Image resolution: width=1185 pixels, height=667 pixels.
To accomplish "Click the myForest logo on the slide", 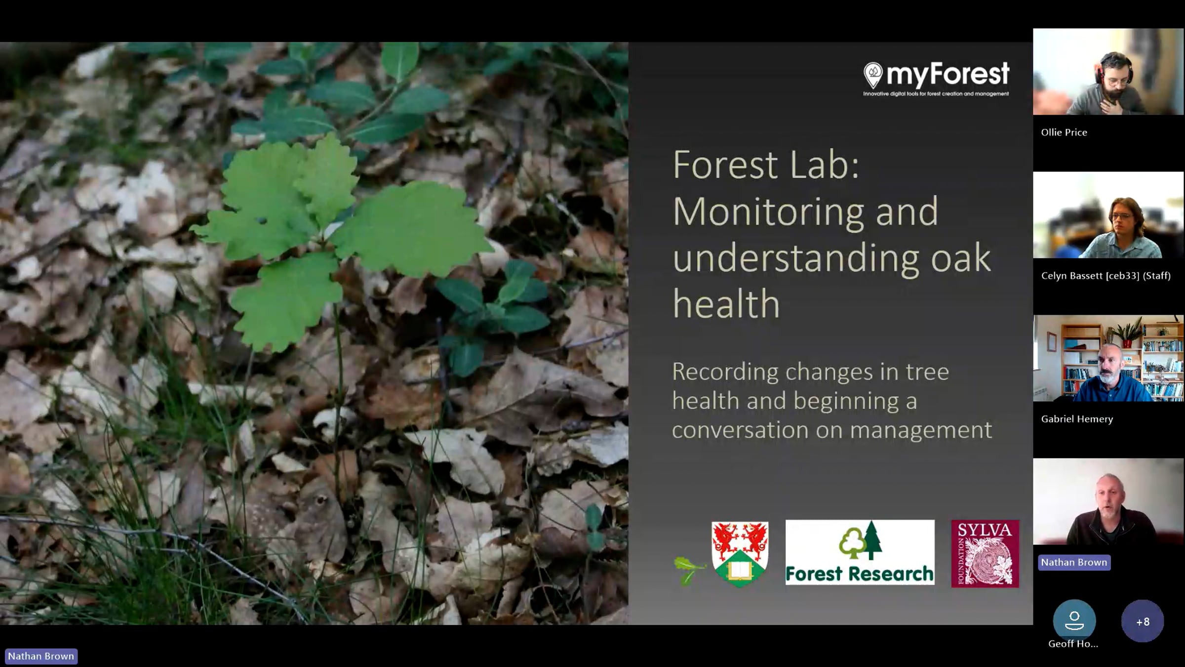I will coord(936,78).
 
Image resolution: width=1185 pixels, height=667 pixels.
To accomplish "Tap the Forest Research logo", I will coord(860,552).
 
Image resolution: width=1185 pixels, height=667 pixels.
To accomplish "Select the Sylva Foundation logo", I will coord(985,553).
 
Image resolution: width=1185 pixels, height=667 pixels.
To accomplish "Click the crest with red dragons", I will coord(739,553).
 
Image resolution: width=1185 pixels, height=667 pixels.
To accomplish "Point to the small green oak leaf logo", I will coord(688,570).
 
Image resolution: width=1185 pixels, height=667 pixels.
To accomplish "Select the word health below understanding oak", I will coord(726,303).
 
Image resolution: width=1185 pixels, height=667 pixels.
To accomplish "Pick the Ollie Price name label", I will coord(1064,132).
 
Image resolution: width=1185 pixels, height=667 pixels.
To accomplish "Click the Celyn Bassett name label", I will coord(1106,276).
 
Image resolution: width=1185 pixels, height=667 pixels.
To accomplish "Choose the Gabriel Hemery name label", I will coord(1076,419).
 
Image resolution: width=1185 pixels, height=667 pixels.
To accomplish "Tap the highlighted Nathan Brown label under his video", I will coord(1074,562).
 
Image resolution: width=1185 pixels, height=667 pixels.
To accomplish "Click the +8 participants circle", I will coord(1143,621).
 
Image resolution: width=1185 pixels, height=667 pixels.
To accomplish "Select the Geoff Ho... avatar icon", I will coord(1074,620).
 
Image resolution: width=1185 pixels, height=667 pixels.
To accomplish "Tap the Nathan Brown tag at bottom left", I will coord(41,656).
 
